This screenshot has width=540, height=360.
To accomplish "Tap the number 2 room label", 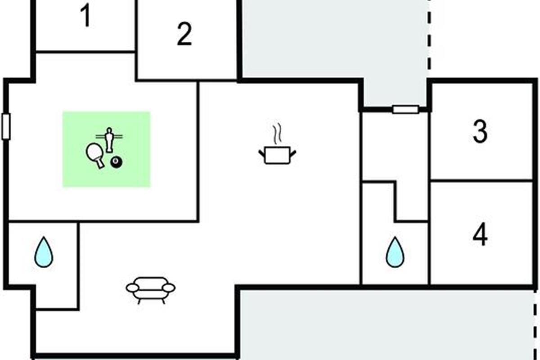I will click(x=184, y=34).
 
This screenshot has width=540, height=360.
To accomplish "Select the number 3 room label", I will click(x=480, y=132).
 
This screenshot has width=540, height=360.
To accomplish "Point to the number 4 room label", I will click(x=480, y=235).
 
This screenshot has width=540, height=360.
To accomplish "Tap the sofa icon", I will click(x=150, y=289).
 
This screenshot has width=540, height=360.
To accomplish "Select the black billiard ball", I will click(x=117, y=162).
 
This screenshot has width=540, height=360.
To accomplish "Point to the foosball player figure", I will click(x=109, y=139).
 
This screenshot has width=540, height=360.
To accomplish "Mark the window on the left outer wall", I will click(x=6, y=126).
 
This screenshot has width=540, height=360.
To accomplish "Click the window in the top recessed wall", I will click(x=405, y=109).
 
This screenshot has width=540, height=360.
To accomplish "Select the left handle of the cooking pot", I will click(x=261, y=154).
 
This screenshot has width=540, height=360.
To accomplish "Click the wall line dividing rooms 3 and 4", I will click(x=481, y=181).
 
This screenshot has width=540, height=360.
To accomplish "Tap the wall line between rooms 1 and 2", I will click(x=136, y=27).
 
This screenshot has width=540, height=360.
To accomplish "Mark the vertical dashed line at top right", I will click(x=429, y=36).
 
